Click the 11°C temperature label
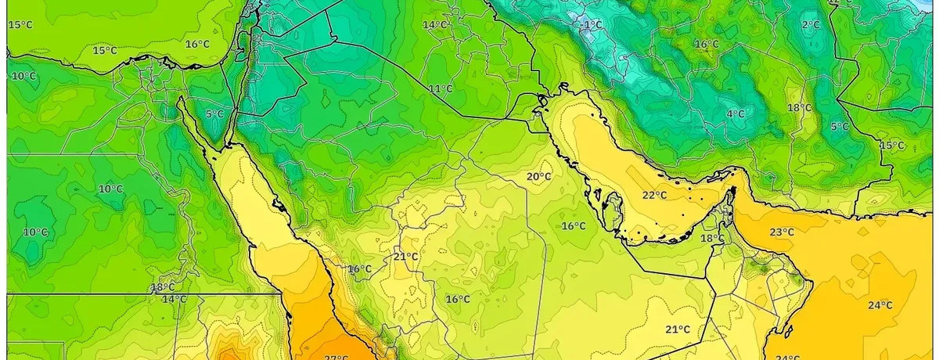441,88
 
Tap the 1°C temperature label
593,25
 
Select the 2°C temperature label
811,25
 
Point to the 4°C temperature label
736,114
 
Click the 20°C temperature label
538,177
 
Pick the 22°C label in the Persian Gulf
655,195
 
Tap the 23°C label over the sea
782,232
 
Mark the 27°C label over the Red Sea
336,357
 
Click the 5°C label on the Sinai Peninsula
214,114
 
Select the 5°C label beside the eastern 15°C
840,127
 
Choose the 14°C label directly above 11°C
435,25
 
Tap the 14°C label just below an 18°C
174,299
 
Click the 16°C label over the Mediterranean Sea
197,45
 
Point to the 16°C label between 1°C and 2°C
707,45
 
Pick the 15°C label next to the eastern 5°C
892,146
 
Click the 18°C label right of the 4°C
799,107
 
